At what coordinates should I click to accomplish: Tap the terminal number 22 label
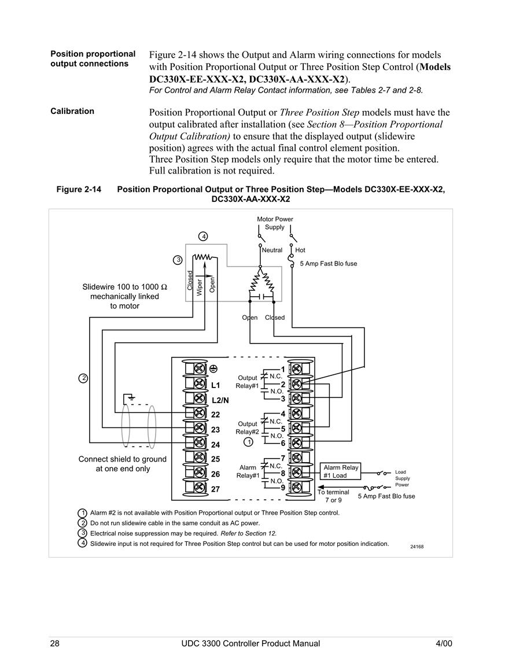(x=216, y=415)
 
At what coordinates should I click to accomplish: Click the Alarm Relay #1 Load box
(x=341, y=471)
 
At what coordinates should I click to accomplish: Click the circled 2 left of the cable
(x=83, y=378)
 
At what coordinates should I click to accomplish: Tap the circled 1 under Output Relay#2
(x=248, y=442)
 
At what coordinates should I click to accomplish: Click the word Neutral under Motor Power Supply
(x=272, y=250)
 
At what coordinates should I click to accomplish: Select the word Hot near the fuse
(x=300, y=250)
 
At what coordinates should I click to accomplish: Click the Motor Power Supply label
(x=275, y=223)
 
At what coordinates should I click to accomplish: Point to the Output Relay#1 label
(x=247, y=382)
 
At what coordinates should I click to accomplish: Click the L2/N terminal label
(x=220, y=400)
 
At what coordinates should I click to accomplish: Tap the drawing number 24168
(x=417, y=547)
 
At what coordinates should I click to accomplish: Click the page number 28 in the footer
(x=55, y=643)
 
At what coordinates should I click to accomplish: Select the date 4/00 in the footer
(x=444, y=643)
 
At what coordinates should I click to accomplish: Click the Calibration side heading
(x=72, y=111)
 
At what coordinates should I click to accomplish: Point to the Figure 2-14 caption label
(x=79, y=189)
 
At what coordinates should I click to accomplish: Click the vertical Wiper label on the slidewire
(x=200, y=287)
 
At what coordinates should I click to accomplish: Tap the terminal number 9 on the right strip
(x=282, y=488)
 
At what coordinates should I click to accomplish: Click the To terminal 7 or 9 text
(x=333, y=496)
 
